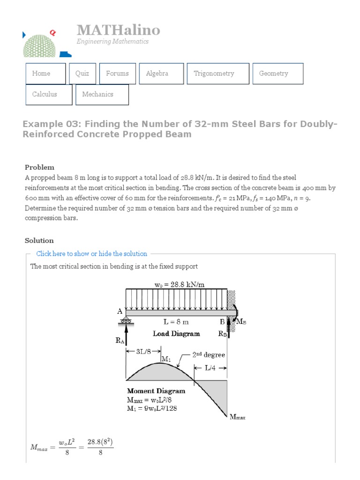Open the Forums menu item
[x=117, y=74]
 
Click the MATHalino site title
[x=119, y=30]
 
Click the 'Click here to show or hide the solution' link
[x=91, y=254]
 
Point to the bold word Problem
[x=39, y=167]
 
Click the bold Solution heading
[x=39, y=240]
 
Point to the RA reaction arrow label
[x=120, y=341]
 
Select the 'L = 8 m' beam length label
[x=176, y=322]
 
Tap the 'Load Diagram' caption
[x=176, y=334]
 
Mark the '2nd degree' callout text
[x=209, y=355]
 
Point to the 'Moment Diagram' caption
[x=156, y=390]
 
